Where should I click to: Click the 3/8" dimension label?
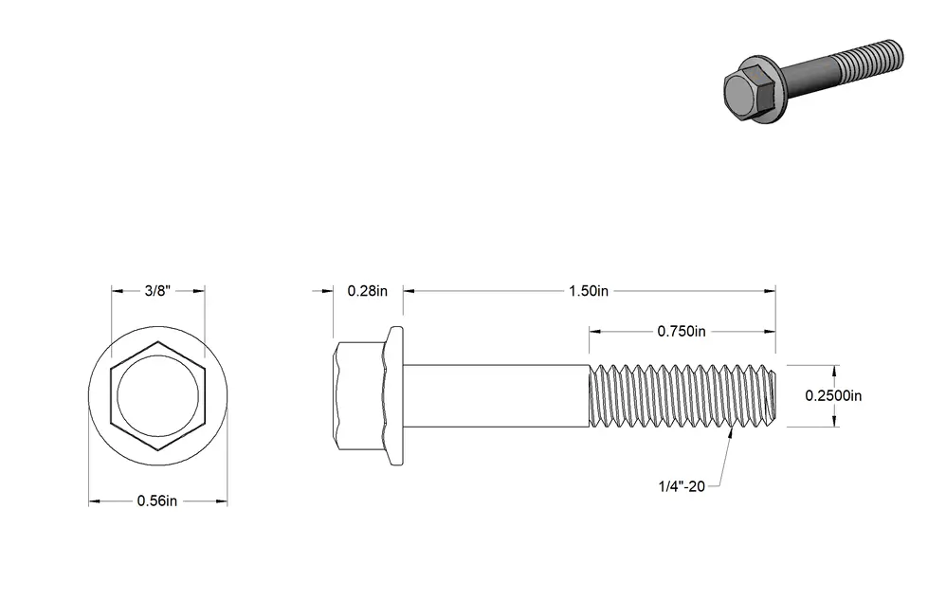(x=157, y=291)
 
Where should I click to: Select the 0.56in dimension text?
(x=156, y=501)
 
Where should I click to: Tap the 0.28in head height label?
(x=368, y=291)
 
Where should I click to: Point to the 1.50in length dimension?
(x=589, y=291)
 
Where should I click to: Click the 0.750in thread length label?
(x=682, y=331)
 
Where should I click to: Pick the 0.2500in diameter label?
(x=833, y=396)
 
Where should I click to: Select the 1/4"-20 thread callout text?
(x=682, y=486)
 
